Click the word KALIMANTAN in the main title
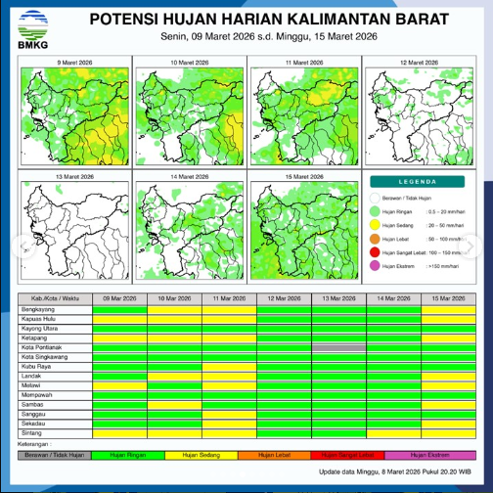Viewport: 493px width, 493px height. point(302,20)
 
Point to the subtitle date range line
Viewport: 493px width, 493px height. point(269,37)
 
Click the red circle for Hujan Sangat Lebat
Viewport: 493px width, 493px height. point(375,251)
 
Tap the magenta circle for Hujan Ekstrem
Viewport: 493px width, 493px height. point(375,265)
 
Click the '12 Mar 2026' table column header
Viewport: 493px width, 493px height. point(285,298)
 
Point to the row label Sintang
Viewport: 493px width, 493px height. point(31,431)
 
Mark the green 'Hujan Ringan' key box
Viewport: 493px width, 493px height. point(129,455)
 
